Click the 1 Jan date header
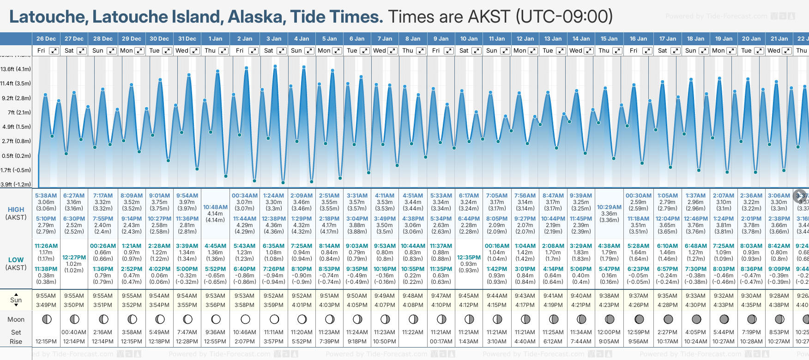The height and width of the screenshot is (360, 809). point(215,39)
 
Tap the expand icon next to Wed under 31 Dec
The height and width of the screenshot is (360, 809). point(195,51)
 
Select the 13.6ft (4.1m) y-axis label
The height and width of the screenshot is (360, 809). point(16,69)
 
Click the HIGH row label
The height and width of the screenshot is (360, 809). point(16,210)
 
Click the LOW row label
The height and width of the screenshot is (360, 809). point(16,260)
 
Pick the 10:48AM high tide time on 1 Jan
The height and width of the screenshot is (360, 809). point(215,207)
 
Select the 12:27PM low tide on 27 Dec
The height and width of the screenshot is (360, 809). point(74,258)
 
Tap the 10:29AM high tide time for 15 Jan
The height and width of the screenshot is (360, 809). point(609,207)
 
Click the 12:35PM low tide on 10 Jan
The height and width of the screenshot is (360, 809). point(469,258)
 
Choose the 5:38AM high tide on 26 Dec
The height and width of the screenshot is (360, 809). point(46,196)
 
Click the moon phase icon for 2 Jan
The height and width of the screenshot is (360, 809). point(245,319)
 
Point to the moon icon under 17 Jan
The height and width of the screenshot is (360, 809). point(668,319)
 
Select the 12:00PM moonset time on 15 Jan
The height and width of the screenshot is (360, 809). point(609,332)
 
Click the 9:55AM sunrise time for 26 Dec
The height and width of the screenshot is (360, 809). point(46,296)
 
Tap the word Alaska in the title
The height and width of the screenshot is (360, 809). point(257,17)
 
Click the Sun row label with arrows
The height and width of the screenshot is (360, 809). point(16,300)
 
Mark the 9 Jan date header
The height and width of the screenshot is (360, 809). point(441,39)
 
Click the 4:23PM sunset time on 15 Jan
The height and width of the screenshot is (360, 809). point(609,305)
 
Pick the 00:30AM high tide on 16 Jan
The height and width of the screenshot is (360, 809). point(639,196)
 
